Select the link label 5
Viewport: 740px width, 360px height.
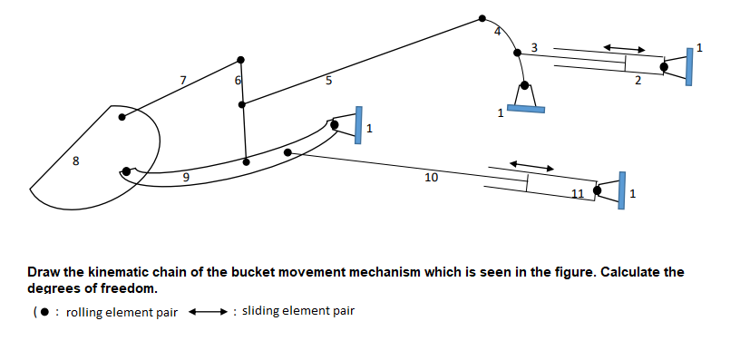(328, 81)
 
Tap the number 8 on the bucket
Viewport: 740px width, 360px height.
(75, 163)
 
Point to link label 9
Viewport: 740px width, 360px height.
(186, 179)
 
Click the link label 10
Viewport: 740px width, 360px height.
(431, 178)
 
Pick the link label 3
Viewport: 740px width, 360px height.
(533, 47)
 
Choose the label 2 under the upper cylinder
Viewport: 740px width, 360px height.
(638, 82)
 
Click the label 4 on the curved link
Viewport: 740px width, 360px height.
(497, 33)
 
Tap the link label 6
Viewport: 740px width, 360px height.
(238, 81)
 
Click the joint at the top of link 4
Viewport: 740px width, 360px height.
(482, 17)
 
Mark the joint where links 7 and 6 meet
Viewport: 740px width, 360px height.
(240, 60)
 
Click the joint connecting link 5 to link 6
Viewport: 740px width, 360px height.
(241, 104)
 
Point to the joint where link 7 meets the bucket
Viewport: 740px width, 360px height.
(123, 115)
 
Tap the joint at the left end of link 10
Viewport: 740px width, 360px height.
(288, 152)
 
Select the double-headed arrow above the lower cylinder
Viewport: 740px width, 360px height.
(531, 166)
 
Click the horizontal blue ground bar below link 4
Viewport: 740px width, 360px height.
(525, 109)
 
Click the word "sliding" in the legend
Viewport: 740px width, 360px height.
(260, 311)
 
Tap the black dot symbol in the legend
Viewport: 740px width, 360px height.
(43, 313)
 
